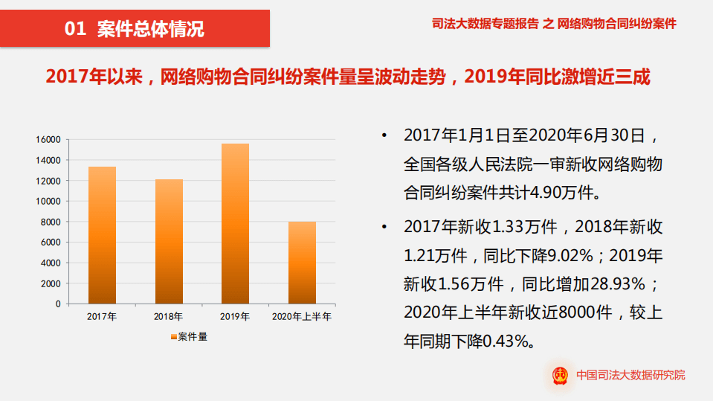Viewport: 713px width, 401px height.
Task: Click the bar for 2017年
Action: pyautogui.click(x=102, y=234)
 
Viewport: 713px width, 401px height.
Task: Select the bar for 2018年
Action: pyautogui.click(x=169, y=241)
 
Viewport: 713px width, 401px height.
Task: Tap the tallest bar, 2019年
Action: pyautogui.click(x=235, y=223)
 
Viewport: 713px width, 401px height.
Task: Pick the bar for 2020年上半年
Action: pyautogui.click(x=302, y=262)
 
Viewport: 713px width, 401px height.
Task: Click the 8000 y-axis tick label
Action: pyautogui.click(x=51, y=222)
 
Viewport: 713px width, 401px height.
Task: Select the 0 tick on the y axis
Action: pyautogui.click(x=57, y=304)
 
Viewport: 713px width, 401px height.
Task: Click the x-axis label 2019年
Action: pyautogui.click(x=235, y=317)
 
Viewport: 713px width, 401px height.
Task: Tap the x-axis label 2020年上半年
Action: pyautogui.click(x=302, y=317)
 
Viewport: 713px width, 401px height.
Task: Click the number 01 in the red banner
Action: pyautogui.click(x=77, y=29)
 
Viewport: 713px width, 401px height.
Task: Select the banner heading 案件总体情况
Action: pyautogui.click(x=151, y=29)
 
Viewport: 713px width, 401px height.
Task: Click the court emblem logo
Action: pyautogui.click(x=560, y=375)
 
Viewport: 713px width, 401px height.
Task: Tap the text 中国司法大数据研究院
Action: pyautogui.click(x=631, y=376)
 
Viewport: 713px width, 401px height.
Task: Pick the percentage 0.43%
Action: pyautogui.click(x=509, y=340)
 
